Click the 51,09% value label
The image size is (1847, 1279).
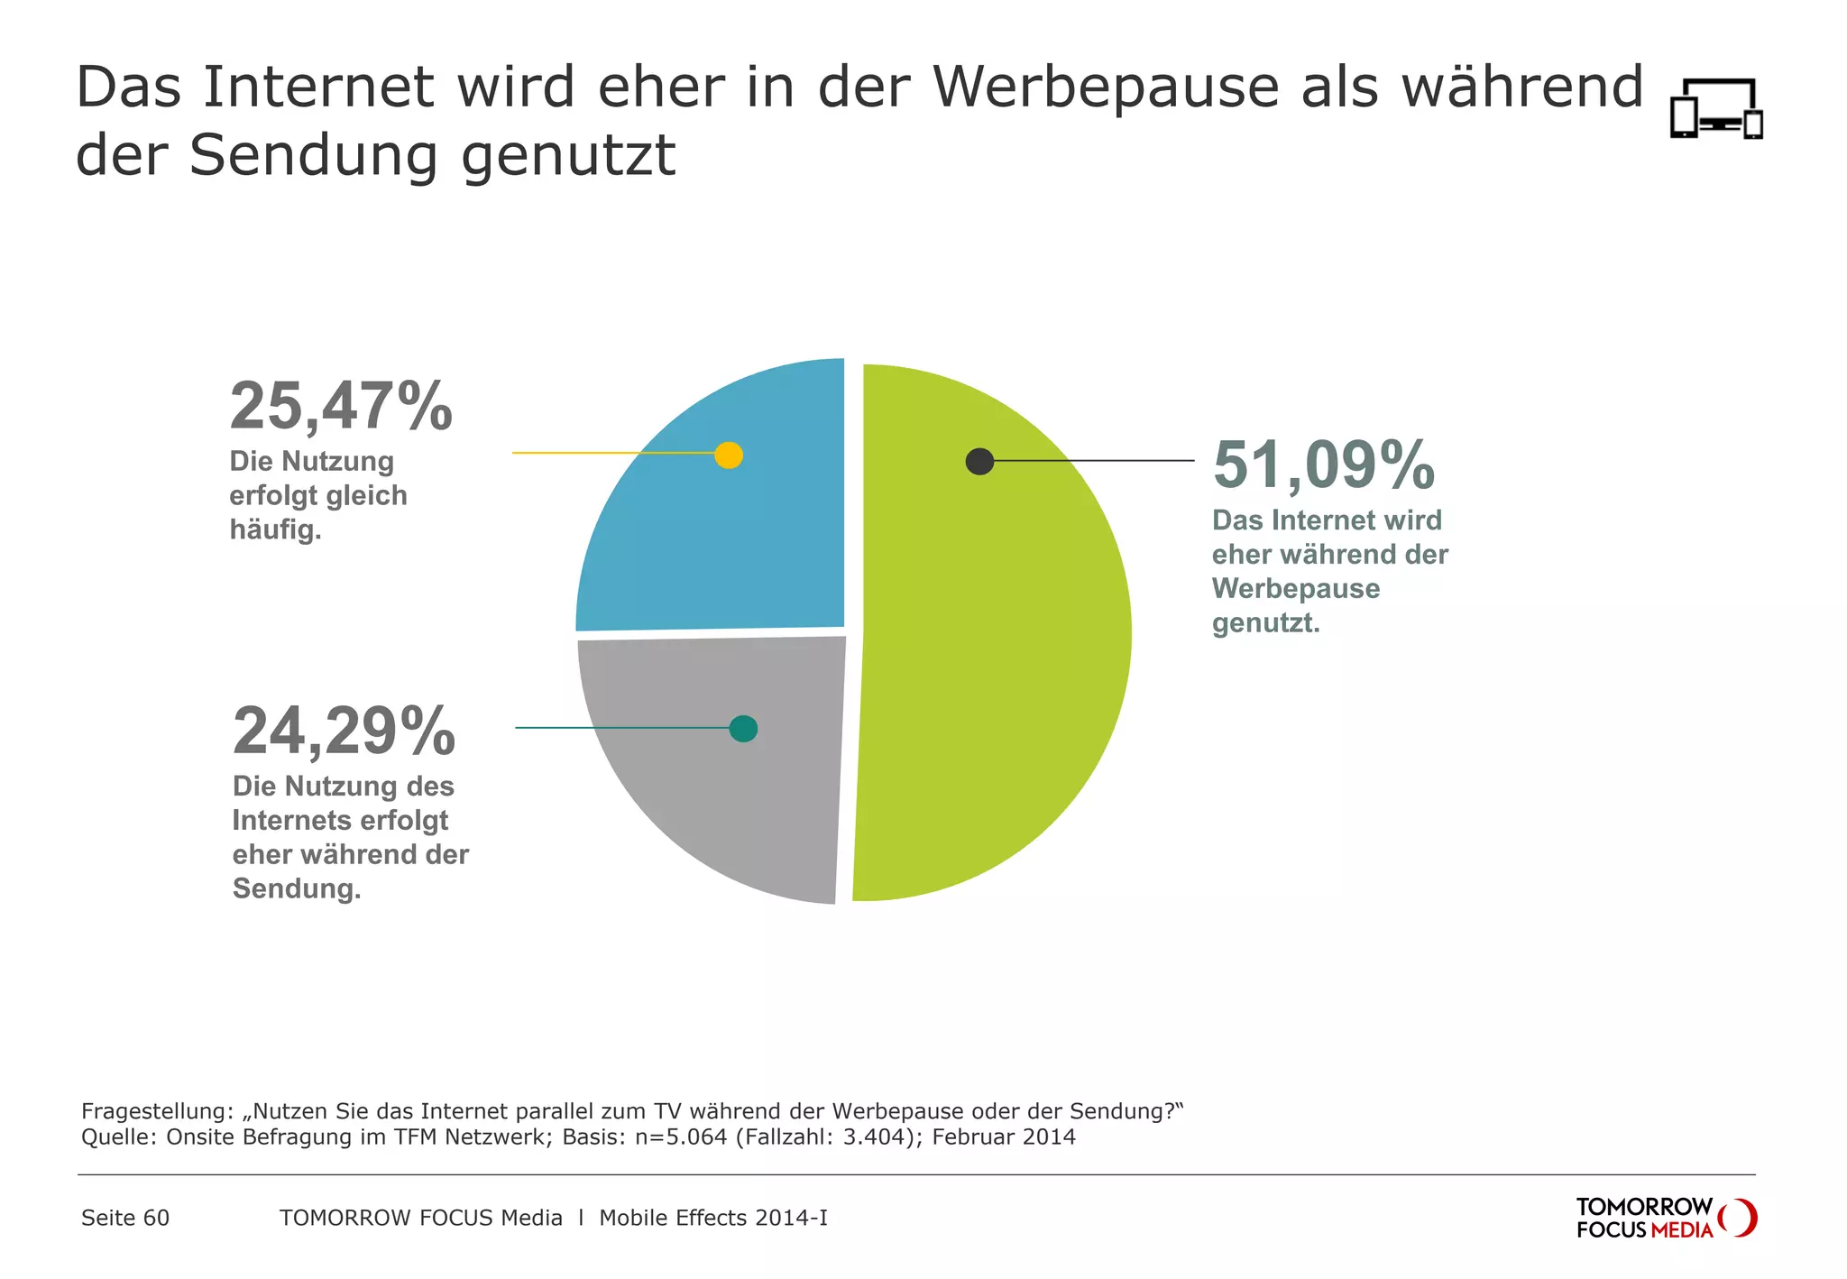click(1323, 465)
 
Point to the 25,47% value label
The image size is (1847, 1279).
click(341, 407)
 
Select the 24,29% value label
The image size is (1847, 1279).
click(344, 732)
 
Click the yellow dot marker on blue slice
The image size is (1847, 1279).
click(729, 455)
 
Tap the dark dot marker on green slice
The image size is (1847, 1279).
click(979, 461)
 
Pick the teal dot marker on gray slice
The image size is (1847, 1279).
click(743, 728)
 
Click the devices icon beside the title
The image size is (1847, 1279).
click(1716, 109)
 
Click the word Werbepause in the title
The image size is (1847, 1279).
click(1106, 87)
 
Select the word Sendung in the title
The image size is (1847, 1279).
click(313, 156)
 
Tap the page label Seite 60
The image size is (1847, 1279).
click(125, 1218)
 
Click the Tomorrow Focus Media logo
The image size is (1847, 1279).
click(1665, 1218)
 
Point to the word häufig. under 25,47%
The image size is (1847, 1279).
click(275, 529)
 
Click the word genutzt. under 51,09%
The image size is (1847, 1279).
click(1265, 622)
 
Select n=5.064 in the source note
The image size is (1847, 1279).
click(681, 1136)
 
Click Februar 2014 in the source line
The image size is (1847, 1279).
click(1004, 1136)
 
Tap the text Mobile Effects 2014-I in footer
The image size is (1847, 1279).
click(712, 1218)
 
